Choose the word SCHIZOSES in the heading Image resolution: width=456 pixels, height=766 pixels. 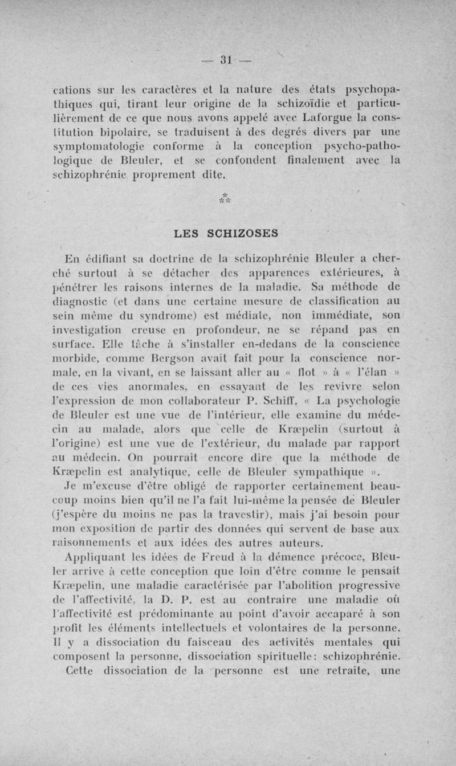245,233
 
